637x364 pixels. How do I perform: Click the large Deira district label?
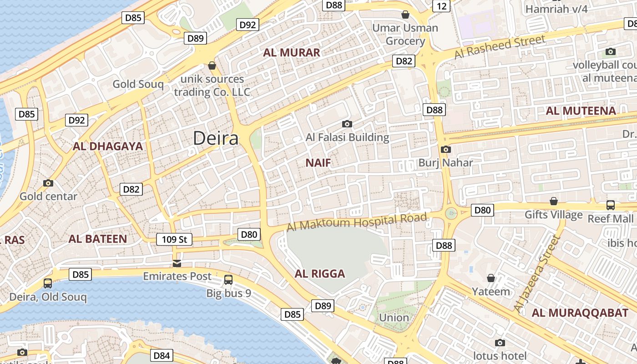click(216, 138)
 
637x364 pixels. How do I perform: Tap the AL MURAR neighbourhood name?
click(292, 52)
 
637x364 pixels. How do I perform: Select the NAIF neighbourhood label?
click(318, 162)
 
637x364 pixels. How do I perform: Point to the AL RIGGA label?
click(320, 273)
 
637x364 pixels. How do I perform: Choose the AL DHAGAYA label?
click(108, 146)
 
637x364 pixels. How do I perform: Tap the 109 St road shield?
click(174, 239)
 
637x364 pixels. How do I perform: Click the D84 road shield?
click(162, 355)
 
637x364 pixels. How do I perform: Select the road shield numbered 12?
click(441, 5)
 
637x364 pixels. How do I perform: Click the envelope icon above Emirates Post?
click(177, 263)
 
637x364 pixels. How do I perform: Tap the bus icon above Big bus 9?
click(228, 280)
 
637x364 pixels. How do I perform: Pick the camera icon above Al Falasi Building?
click(347, 124)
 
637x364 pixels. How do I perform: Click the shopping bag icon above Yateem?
click(491, 278)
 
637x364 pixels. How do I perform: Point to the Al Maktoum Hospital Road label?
click(357, 222)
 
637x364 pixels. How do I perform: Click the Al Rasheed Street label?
click(500, 47)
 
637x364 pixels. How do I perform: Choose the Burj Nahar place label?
click(445, 162)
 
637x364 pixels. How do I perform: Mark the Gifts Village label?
click(553, 214)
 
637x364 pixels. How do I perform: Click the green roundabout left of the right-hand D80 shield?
click(451, 212)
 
